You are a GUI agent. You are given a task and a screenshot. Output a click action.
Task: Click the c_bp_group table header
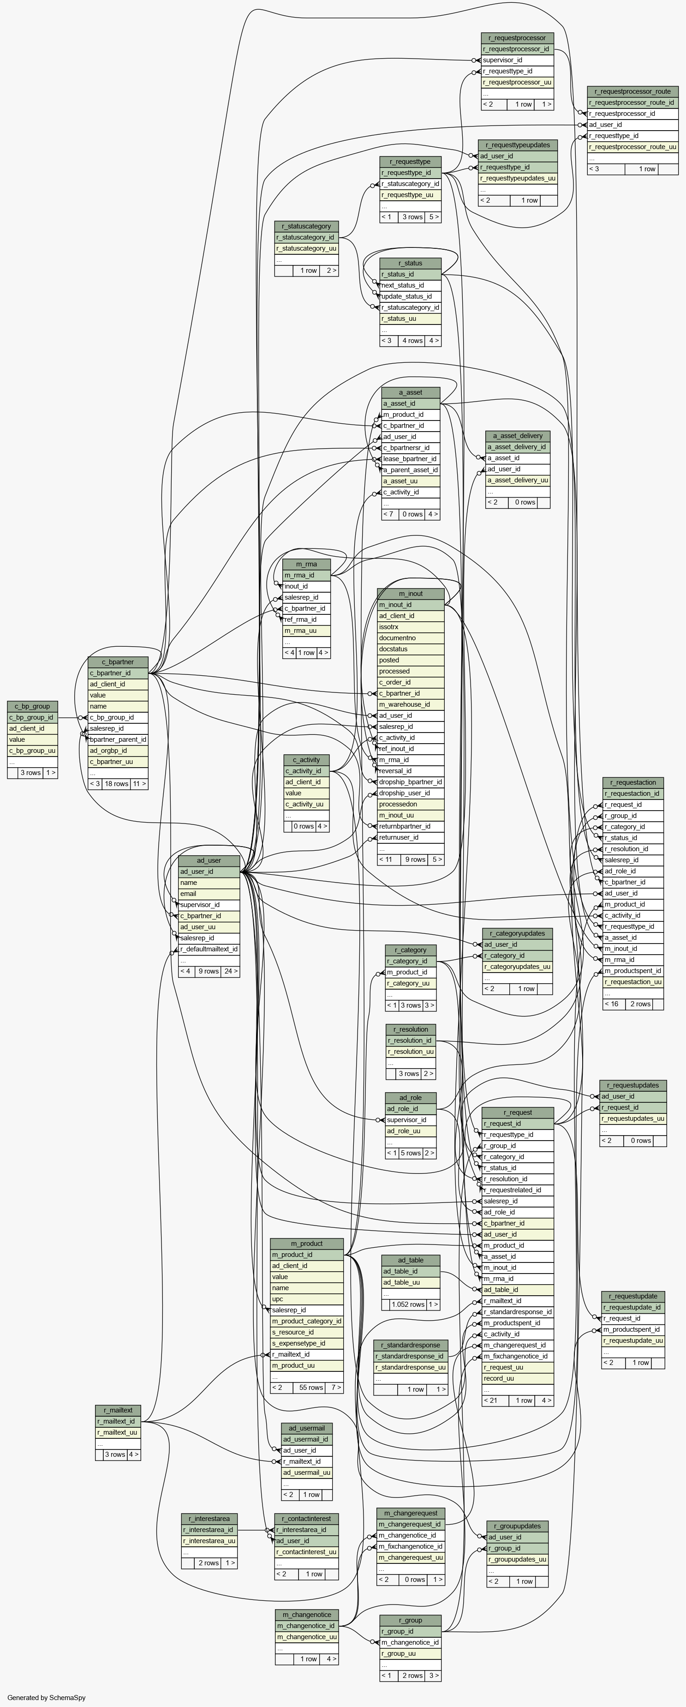point(32,706)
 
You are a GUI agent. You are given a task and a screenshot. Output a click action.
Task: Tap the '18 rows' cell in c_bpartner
point(117,784)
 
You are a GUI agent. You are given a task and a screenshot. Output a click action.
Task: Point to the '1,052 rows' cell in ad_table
point(407,1304)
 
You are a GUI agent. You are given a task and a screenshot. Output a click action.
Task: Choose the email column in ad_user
point(209,893)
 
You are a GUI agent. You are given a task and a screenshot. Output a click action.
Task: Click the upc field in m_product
point(307,1299)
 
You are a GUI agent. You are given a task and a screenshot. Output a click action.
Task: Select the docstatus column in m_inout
point(411,649)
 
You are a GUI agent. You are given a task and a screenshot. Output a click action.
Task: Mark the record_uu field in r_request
point(518,1378)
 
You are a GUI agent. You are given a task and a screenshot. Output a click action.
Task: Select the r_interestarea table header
point(209,1518)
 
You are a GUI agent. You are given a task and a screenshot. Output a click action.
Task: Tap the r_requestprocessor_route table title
point(632,91)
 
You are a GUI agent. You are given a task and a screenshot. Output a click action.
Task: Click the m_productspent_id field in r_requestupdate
point(633,1329)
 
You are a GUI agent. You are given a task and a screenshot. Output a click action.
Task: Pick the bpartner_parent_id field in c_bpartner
point(118,739)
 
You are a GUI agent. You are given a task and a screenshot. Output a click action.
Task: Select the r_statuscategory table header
point(307,226)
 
